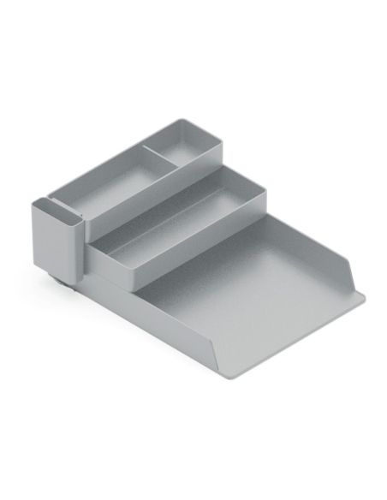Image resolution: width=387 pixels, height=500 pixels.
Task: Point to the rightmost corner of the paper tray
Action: tap(363, 296)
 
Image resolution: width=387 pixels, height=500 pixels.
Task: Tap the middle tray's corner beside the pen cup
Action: tap(95, 249)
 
